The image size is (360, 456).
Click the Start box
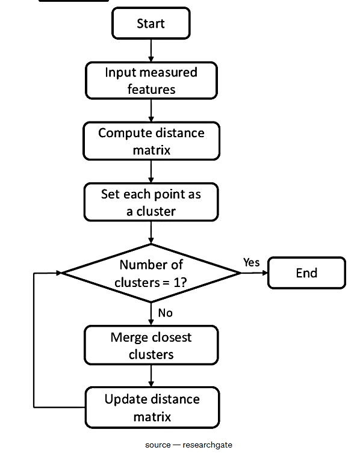(151, 23)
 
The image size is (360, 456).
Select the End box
(306, 273)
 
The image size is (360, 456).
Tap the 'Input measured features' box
(151, 81)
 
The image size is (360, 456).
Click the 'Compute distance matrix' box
(151, 141)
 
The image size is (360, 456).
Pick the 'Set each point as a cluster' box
(151, 202)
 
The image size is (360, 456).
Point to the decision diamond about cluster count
(151, 273)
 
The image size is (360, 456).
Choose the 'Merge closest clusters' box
(151, 345)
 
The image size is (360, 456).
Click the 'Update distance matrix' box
(152, 407)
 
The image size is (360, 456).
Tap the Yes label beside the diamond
(252, 262)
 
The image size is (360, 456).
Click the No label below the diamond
(166, 313)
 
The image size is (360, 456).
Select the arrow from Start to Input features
(151, 51)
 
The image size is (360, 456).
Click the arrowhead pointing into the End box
(265, 273)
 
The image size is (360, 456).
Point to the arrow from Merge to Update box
(151, 376)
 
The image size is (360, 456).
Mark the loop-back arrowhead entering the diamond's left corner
(59, 273)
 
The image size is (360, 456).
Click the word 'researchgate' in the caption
(207, 445)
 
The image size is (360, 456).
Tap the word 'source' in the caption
(158, 445)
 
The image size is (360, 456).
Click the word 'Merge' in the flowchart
(129, 337)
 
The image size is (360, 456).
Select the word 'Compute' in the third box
(123, 134)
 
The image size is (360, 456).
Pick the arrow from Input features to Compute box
(151, 111)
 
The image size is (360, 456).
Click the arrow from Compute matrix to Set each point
(151, 171)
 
